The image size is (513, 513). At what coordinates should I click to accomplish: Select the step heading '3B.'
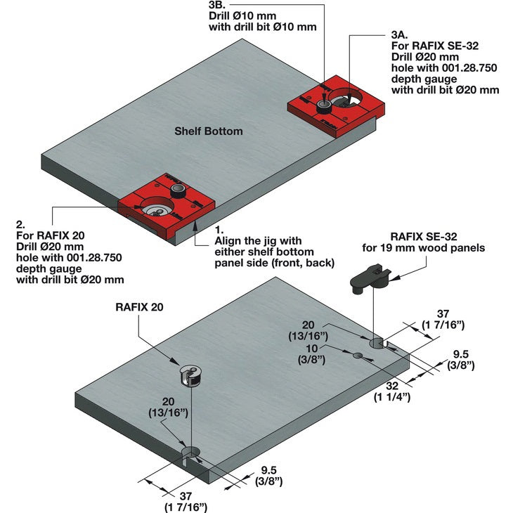click(x=218, y=4)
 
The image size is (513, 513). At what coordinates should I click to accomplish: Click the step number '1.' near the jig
click(x=219, y=229)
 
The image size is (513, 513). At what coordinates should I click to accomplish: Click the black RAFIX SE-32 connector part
click(x=370, y=277)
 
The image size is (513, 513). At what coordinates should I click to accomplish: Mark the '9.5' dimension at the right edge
click(x=460, y=355)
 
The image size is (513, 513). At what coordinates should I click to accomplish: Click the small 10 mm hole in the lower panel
click(x=358, y=356)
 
